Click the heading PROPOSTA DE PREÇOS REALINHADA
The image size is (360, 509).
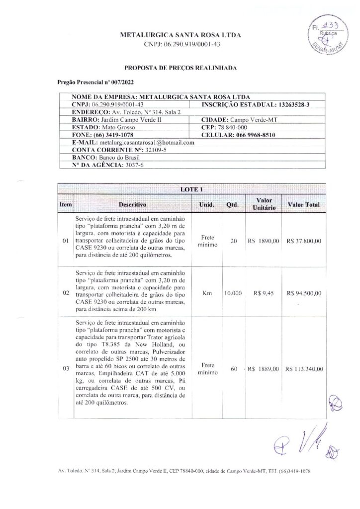tap(180, 66)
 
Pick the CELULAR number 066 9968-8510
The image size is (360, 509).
tap(255, 135)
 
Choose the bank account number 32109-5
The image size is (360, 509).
tap(144, 150)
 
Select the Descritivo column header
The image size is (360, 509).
tap(132, 204)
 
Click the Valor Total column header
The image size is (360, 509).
tap(303, 204)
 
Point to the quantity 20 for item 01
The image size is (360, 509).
tap(233, 241)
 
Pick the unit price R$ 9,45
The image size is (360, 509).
tap(264, 293)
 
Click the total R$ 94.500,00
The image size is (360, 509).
tap(303, 293)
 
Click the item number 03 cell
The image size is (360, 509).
tap(66, 369)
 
